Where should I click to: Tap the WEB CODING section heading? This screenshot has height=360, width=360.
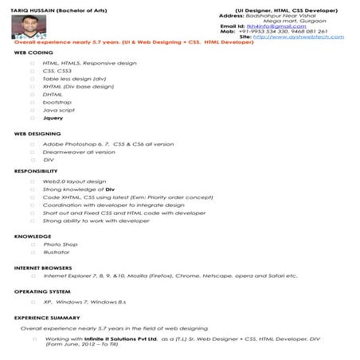point(33,52)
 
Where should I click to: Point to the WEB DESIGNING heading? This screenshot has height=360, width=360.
point(37,134)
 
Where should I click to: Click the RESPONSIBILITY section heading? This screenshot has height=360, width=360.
point(36,171)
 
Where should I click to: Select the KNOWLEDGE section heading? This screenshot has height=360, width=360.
point(33,236)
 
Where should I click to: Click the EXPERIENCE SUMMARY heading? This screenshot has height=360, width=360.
point(47,318)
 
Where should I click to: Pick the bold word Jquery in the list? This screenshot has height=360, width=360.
point(53,118)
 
